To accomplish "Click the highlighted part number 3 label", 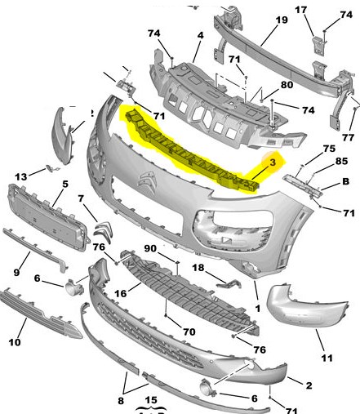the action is tap(273, 162).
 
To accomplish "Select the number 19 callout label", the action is tap(282, 20).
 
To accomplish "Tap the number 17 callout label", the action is tap(300, 10).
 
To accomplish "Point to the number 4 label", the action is tap(200, 35).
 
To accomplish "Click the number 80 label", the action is tap(287, 85).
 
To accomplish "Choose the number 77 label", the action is tap(348, 137).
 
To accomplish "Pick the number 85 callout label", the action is tap(341, 161).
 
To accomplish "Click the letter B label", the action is tap(345, 181).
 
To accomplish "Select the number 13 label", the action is tap(21, 177).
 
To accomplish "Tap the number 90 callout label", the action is tap(150, 248).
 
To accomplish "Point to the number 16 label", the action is tap(121, 293).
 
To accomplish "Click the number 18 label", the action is tap(198, 268).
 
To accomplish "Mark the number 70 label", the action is tap(189, 332).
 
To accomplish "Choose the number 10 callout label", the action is tap(15, 342).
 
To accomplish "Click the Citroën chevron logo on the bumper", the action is tap(147, 180).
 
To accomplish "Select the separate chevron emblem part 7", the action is tap(103, 232).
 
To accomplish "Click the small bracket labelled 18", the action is tap(229, 283).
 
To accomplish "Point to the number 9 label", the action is tap(16, 272).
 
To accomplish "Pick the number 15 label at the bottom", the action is tap(151, 400).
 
